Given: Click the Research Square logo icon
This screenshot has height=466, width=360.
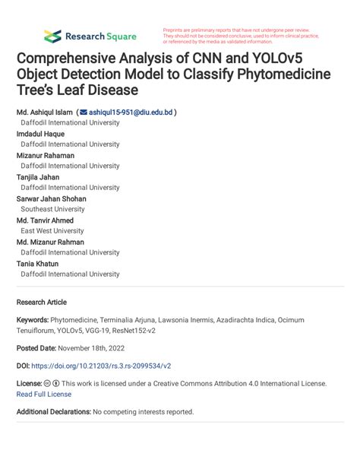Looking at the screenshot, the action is [x=52, y=36].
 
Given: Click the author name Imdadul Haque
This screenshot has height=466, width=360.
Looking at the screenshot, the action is [x=43, y=133].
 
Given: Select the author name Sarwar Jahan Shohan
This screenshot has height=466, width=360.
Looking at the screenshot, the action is [x=52, y=198].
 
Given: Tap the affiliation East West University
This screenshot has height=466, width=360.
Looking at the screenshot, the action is [x=52, y=230].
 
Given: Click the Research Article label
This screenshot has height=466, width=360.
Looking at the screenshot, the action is [x=42, y=302].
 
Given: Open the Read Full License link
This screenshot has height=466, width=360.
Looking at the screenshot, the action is [x=44, y=394].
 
